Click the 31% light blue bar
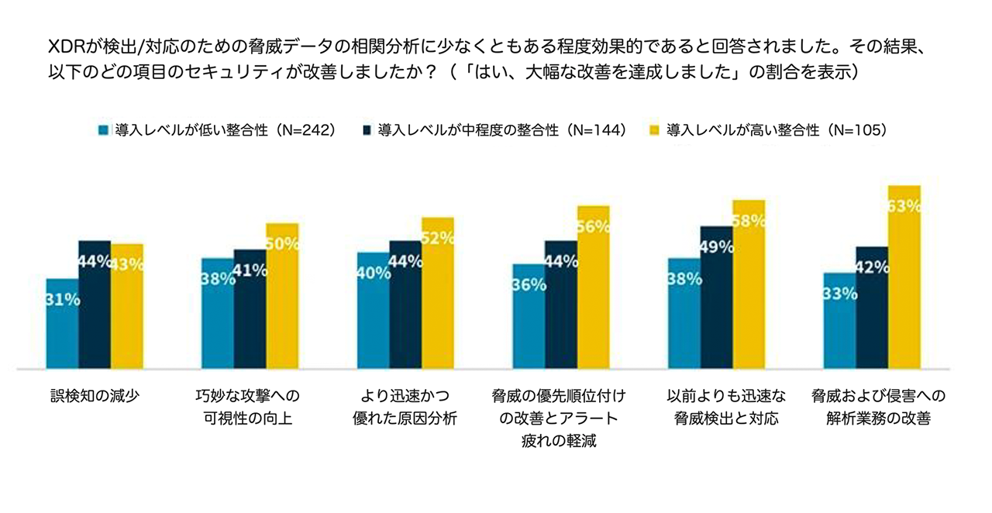pyautogui.click(x=62, y=322)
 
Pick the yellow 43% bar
pyautogui.click(x=127, y=305)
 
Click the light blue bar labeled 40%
pyautogui.click(x=373, y=309)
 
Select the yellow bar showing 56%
pyautogui.click(x=593, y=287)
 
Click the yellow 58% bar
pyautogui.click(x=749, y=284)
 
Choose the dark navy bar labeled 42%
pyautogui.click(x=872, y=307)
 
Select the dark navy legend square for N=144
pyautogui.click(x=367, y=130)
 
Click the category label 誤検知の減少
pyautogui.click(x=94, y=397)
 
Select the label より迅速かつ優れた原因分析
pyautogui.click(x=405, y=408)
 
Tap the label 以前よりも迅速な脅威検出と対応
pyautogui.click(x=715, y=408)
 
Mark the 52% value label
pyautogui.click(x=437, y=239)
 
